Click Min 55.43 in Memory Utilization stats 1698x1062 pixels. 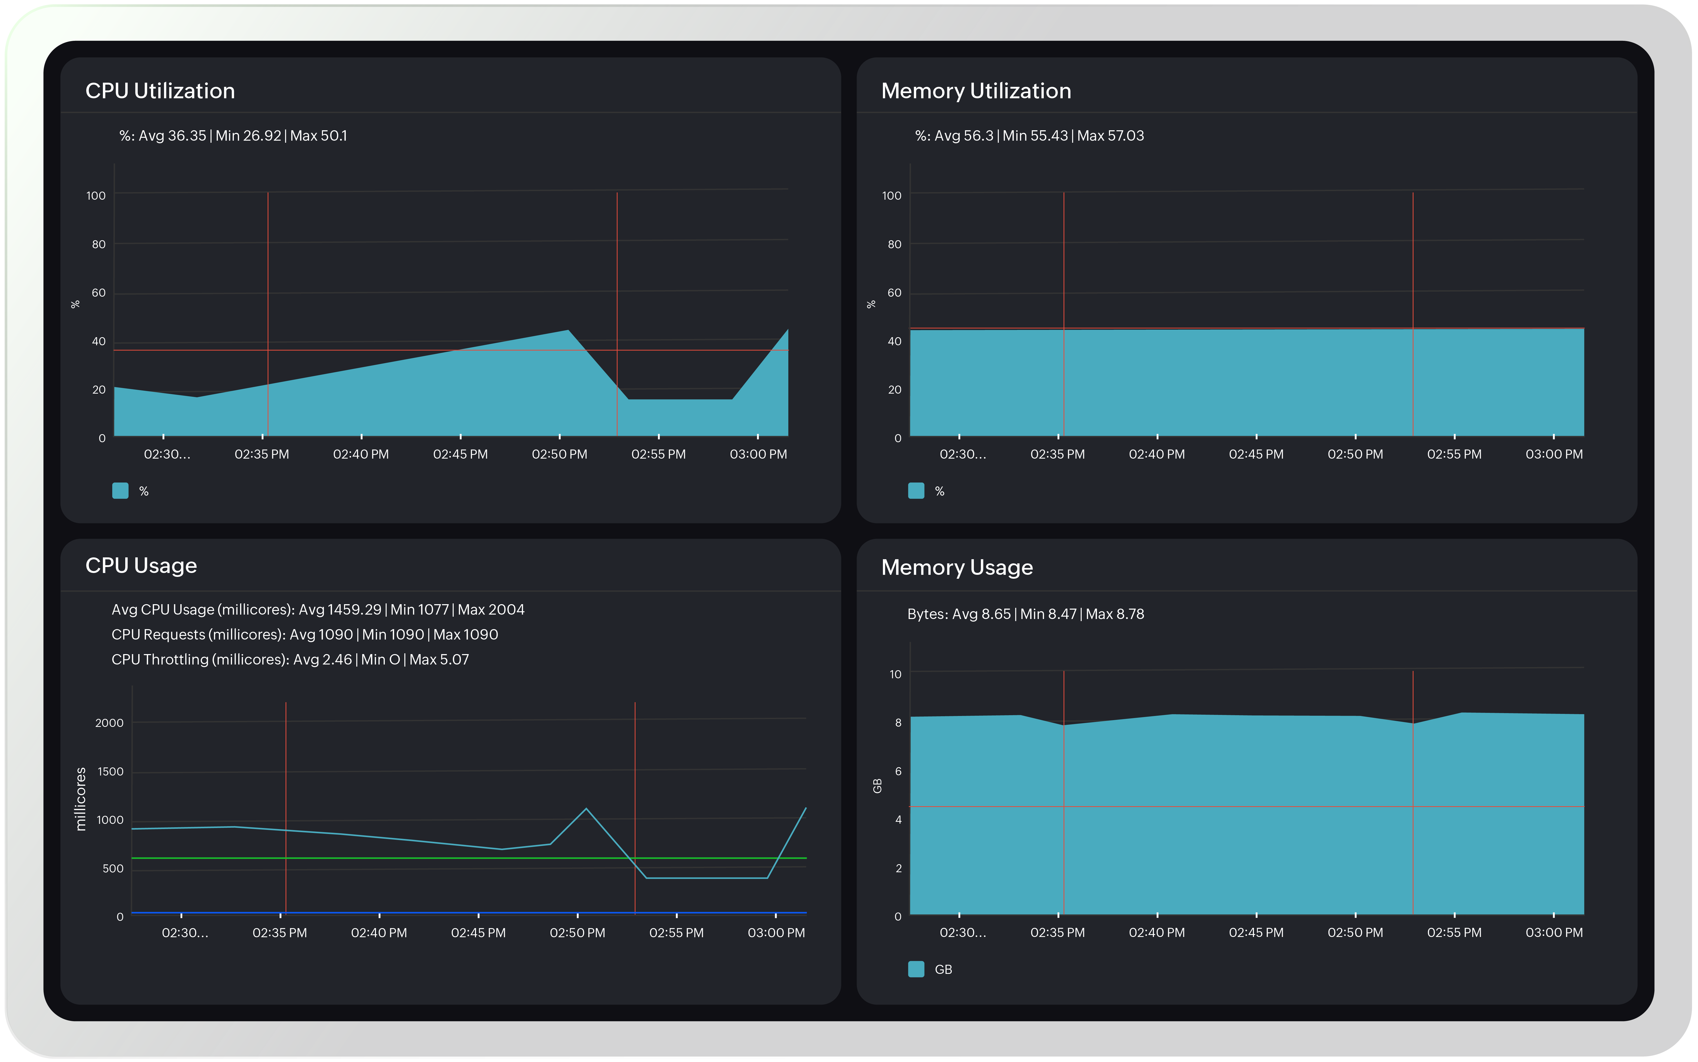pyautogui.click(x=1035, y=135)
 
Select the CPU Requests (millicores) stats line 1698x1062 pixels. pyautogui.click(x=305, y=634)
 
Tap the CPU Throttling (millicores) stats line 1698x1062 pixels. pyautogui.click(x=290, y=660)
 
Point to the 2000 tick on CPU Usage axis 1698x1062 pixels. pyautogui.click(x=109, y=723)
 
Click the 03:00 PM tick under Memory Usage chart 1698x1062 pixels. pyautogui.click(x=1554, y=933)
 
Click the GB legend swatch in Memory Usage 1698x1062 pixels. pyautogui.click(x=916, y=969)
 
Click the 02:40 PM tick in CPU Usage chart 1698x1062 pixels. pyautogui.click(x=379, y=933)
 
